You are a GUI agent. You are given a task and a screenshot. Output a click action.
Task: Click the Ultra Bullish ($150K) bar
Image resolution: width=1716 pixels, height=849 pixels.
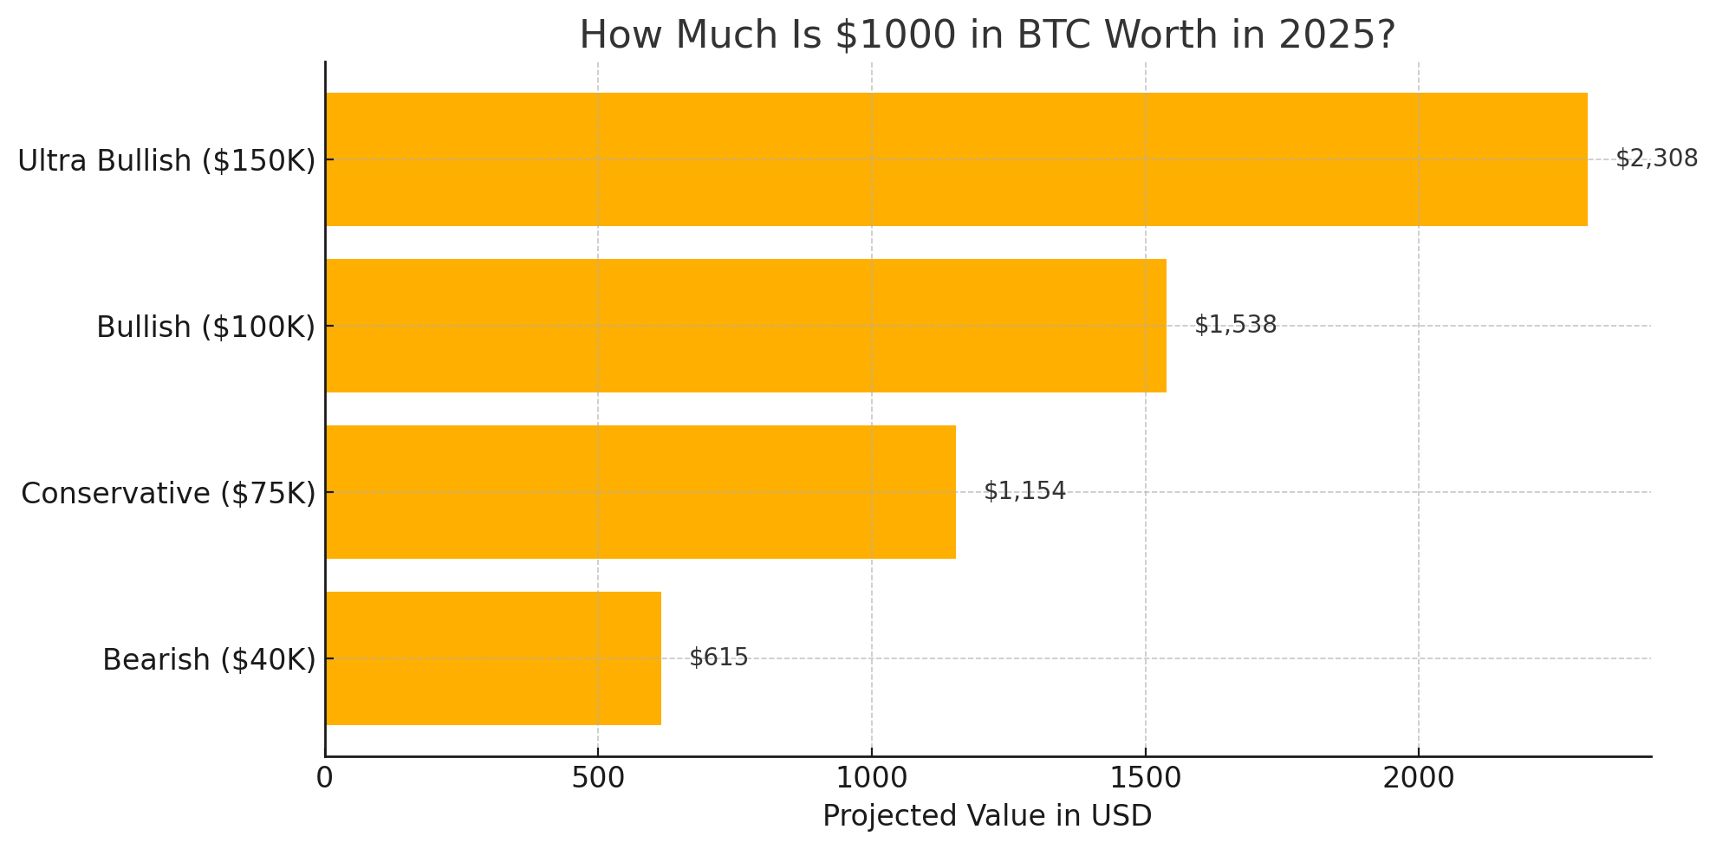pos(956,159)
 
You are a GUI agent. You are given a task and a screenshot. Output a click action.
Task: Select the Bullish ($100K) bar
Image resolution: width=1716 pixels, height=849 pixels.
pos(745,326)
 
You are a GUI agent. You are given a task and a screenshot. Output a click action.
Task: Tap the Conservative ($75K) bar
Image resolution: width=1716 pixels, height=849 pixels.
pos(640,492)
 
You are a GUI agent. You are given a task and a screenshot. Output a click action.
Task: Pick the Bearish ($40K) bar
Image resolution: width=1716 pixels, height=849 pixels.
pos(493,658)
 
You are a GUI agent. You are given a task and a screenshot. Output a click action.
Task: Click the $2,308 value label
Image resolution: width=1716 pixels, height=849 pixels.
pos(1656,159)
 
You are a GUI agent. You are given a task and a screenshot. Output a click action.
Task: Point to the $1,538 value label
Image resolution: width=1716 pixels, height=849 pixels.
pos(1235,325)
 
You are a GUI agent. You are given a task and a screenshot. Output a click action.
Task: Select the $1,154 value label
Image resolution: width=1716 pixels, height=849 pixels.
pos(1024,491)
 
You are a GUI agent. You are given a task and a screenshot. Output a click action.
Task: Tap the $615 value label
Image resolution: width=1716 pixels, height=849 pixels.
pos(718,658)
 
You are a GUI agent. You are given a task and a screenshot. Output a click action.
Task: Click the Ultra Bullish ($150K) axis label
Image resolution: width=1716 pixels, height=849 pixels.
pos(166,161)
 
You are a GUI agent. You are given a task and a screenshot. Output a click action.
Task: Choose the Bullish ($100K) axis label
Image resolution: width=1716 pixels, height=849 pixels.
pos(205,327)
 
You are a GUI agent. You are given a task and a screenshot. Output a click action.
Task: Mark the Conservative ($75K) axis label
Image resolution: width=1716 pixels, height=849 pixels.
pos(168,494)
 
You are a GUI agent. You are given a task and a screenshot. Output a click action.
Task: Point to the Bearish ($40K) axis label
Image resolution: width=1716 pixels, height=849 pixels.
pos(209,660)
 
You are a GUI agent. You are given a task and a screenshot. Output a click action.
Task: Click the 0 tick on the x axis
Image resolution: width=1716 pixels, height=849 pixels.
pos(325,778)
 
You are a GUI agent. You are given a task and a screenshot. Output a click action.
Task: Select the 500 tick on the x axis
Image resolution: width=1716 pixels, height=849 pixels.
pos(598,778)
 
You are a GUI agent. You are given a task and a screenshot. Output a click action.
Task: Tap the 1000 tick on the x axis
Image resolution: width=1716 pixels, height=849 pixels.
pos(872,778)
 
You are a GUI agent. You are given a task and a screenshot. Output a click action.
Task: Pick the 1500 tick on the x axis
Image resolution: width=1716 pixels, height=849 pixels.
pos(1145,778)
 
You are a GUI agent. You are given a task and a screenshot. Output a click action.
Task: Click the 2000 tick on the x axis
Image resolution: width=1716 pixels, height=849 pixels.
pos(1419,778)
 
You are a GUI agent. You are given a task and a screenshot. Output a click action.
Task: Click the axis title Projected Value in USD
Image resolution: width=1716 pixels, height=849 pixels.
pos(987,816)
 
